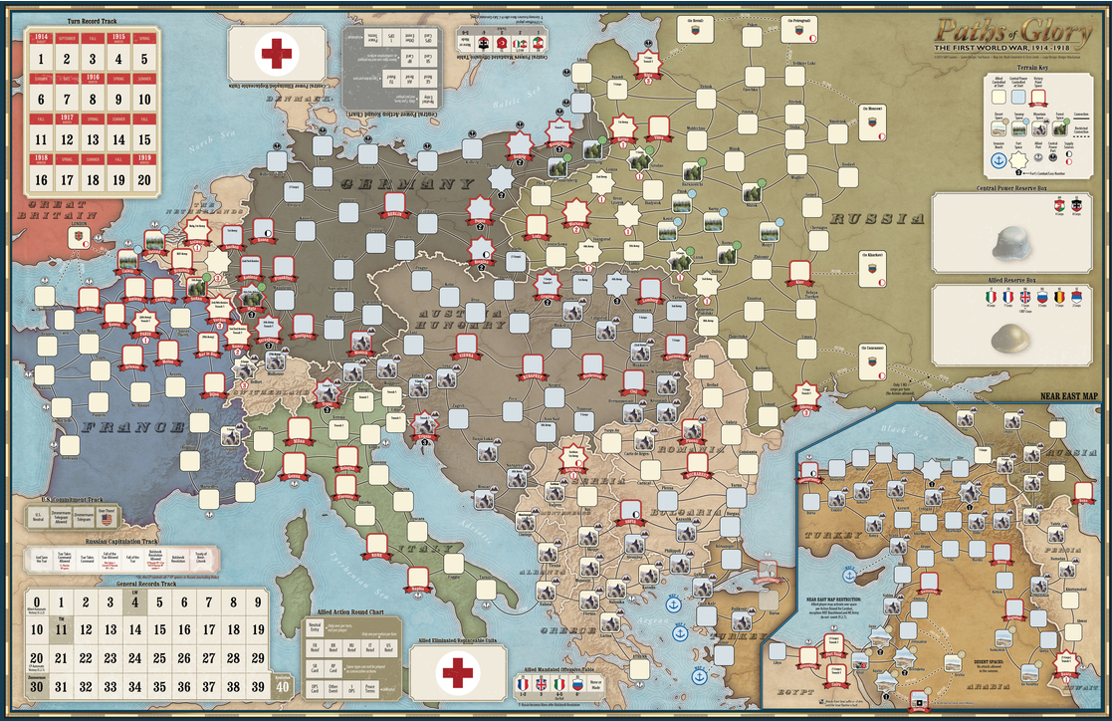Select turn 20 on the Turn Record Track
(x=144, y=180)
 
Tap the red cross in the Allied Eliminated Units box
(x=458, y=672)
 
